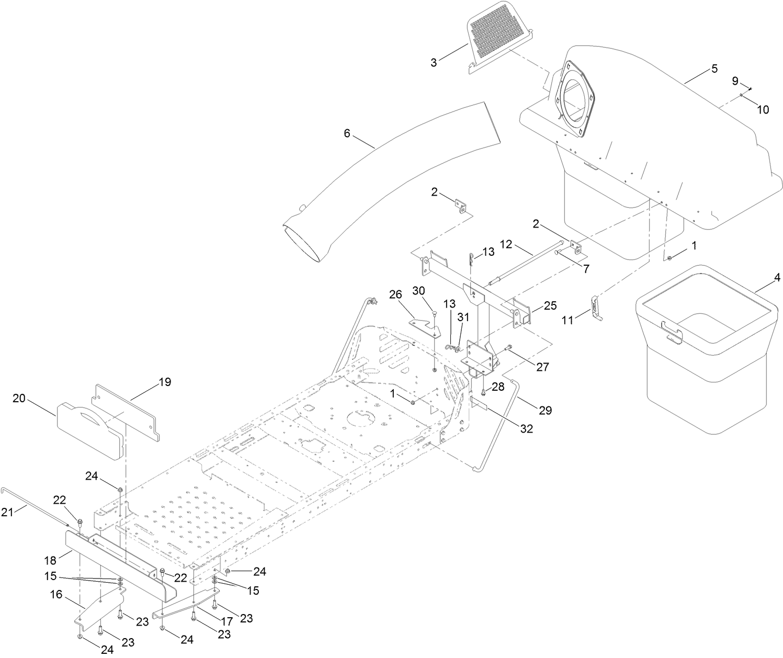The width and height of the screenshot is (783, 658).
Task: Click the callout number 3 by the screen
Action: [x=434, y=63]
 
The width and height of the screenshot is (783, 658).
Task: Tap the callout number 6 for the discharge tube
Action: [x=346, y=133]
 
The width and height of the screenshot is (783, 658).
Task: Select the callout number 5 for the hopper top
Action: [x=714, y=69]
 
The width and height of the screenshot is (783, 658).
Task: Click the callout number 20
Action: [x=19, y=398]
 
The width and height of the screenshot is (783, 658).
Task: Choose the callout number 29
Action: [x=545, y=410]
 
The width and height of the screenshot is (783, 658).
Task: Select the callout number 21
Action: [x=7, y=513]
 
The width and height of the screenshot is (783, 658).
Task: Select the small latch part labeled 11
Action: [x=595, y=308]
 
